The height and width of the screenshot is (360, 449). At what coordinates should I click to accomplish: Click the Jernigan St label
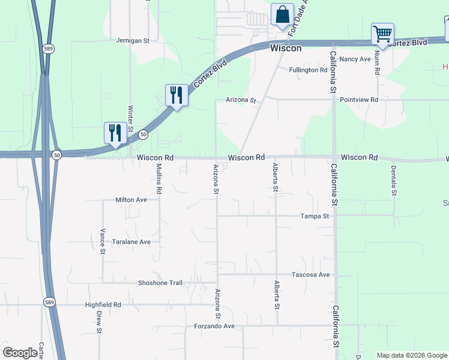(133, 41)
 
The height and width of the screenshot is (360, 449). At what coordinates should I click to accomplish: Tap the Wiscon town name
(286, 48)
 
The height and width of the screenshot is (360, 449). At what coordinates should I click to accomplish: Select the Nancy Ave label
(355, 59)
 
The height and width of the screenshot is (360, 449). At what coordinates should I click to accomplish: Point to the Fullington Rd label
(308, 70)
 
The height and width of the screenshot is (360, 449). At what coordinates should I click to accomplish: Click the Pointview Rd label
(359, 100)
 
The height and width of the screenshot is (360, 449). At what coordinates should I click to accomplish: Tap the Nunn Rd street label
(377, 62)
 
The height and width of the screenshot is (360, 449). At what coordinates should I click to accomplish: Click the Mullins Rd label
(159, 179)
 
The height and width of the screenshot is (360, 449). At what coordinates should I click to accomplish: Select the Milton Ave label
(131, 200)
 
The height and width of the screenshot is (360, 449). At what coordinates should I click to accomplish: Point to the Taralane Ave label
(131, 242)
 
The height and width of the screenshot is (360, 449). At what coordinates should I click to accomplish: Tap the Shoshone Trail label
(160, 283)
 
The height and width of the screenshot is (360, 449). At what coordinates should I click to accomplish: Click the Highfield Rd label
(103, 305)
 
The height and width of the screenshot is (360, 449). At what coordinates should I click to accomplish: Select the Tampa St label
(315, 216)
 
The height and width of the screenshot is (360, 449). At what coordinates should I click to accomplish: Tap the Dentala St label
(394, 181)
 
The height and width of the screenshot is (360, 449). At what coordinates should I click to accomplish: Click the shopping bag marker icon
(282, 14)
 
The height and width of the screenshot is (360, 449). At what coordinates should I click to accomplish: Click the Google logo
(20, 353)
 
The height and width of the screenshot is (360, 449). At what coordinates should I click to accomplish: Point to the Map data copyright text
(411, 355)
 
